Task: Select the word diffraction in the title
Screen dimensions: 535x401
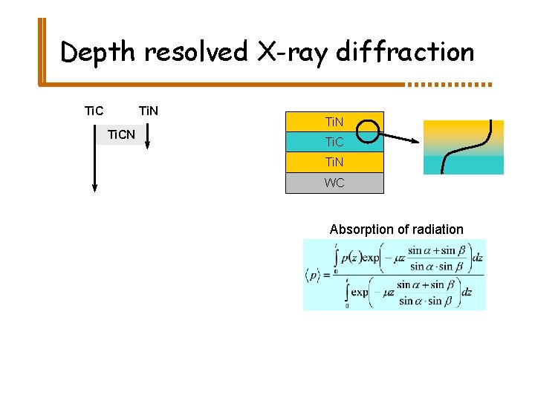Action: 405,53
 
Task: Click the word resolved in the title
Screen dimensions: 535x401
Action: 198,53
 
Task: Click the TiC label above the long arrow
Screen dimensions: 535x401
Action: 94,112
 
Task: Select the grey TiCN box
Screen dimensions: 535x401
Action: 121,134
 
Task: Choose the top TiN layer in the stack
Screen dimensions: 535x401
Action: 334,121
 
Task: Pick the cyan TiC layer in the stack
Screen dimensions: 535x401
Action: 334,141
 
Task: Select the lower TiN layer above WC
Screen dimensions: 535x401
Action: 334,162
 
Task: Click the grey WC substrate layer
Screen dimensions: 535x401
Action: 334,183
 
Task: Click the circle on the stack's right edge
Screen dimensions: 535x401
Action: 369,132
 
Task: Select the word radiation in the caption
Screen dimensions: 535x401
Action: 438,229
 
